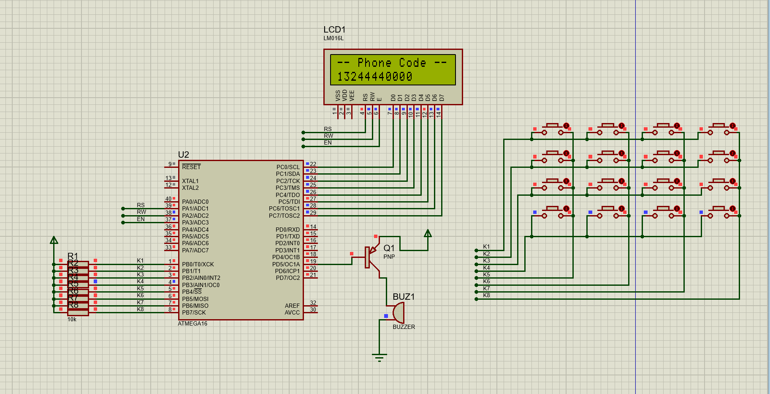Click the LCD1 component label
[x=334, y=30]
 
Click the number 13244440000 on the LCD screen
[x=374, y=77]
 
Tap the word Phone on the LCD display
[x=374, y=63]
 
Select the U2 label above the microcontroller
[x=184, y=155]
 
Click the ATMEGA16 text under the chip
[x=192, y=324]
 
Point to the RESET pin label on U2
[x=191, y=167]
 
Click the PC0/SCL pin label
[x=288, y=167]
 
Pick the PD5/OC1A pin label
[x=286, y=264]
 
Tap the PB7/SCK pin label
[x=194, y=313]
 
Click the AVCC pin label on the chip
[x=292, y=313]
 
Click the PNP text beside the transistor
[x=389, y=257]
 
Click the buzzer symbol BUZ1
[x=398, y=313]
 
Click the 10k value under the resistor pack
[x=72, y=320]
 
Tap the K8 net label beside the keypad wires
[x=486, y=295]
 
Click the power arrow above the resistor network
[x=54, y=240]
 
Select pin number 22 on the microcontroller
[x=313, y=164]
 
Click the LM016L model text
[x=333, y=38]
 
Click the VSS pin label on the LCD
[x=338, y=95]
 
